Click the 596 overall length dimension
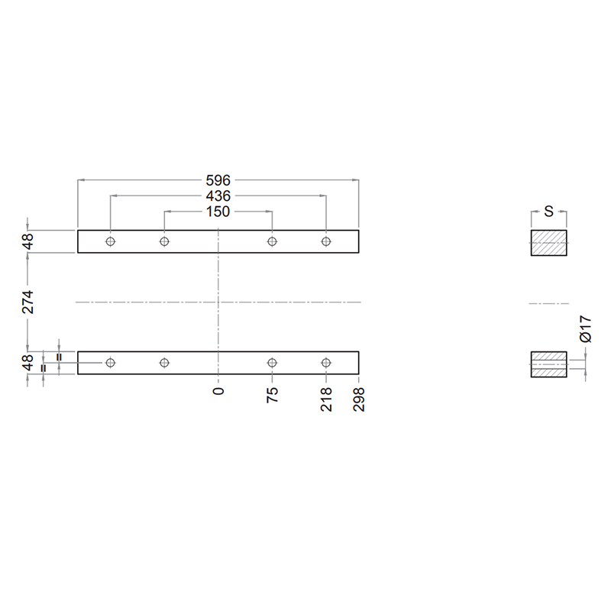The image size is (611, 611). [x=218, y=180]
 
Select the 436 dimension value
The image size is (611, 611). [x=218, y=196]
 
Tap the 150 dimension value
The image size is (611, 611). [x=218, y=212]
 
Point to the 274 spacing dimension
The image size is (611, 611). [x=27, y=302]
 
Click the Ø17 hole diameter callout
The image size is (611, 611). [x=586, y=329]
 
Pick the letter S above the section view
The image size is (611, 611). [x=548, y=212]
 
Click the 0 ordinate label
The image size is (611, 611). [x=218, y=391]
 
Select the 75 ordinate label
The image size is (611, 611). [x=273, y=395]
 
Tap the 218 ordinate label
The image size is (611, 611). [x=326, y=399]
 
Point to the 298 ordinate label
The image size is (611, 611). [x=359, y=399]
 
